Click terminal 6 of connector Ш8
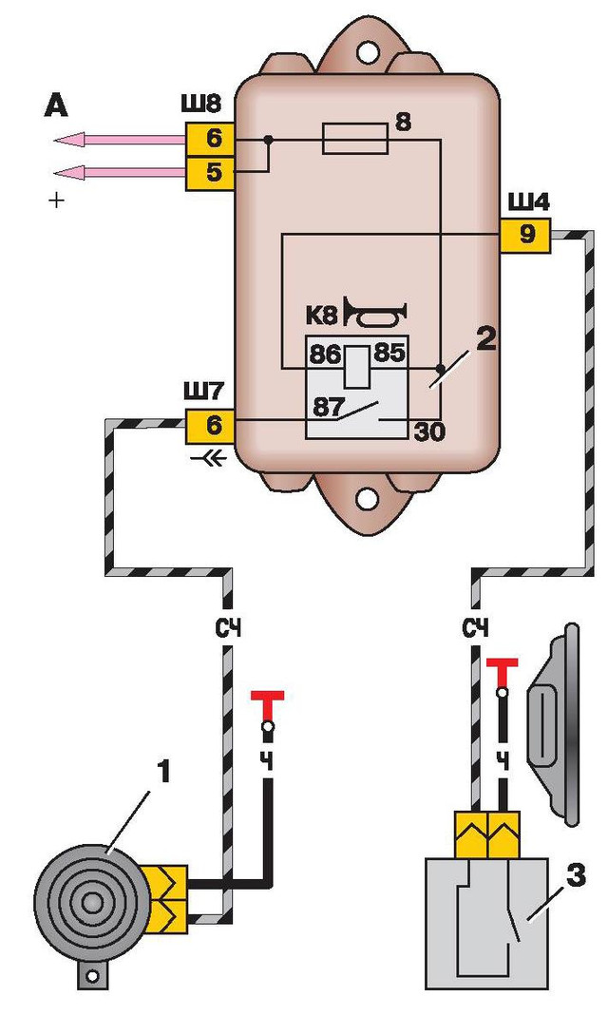(212, 139)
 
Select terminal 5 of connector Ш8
(212, 174)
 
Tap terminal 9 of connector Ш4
(526, 234)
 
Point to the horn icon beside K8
(376, 311)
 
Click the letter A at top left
(56, 107)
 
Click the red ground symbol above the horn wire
(267, 702)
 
